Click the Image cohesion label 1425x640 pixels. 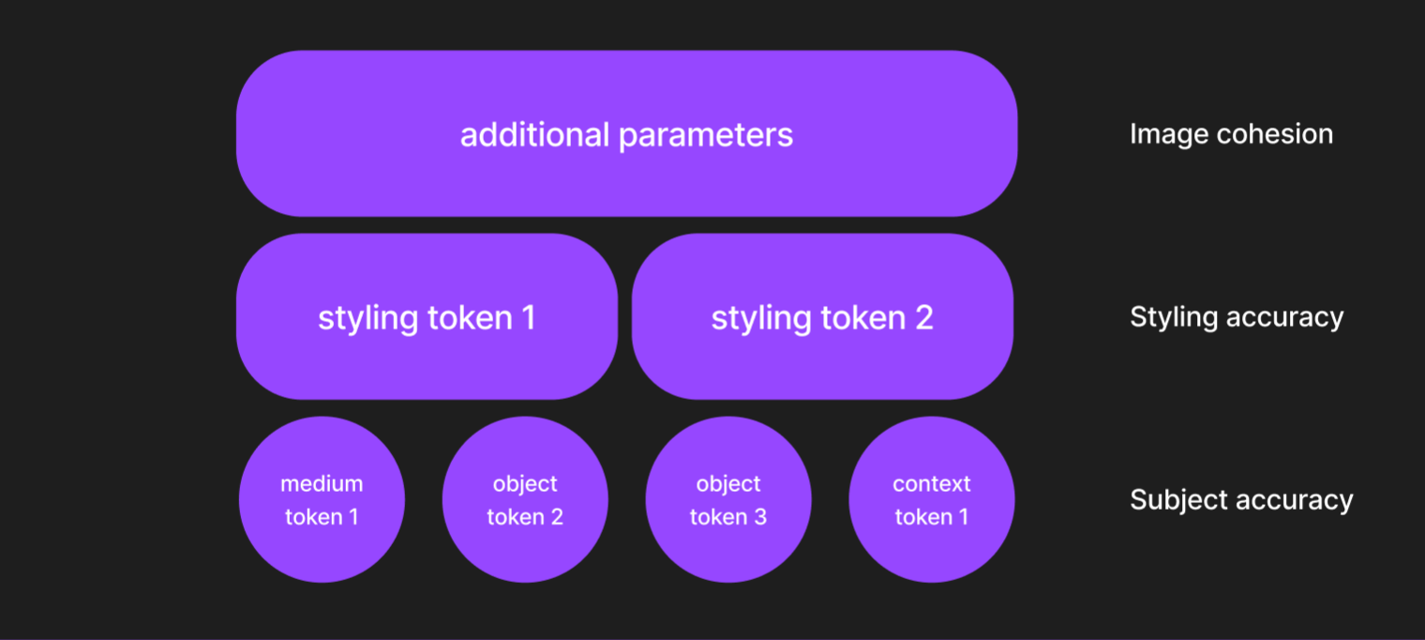pyautogui.click(x=1231, y=134)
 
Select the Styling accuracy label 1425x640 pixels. pyautogui.click(x=1237, y=317)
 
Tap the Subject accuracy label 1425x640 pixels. pyautogui.click(x=1241, y=499)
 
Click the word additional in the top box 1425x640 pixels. pyautogui.click(x=534, y=134)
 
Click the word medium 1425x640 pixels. pyautogui.click(x=322, y=484)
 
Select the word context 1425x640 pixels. pyautogui.click(x=932, y=484)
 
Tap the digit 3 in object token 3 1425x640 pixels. pyautogui.click(x=760, y=517)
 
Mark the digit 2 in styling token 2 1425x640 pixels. pyautogui.click(x=923, y=318)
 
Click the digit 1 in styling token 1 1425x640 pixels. pyautogui.click(x=528, y=318)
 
